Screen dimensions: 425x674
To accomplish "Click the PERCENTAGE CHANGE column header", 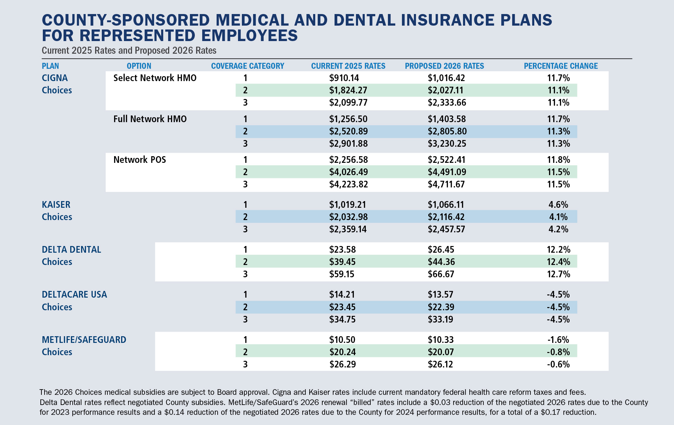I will pos(561,66).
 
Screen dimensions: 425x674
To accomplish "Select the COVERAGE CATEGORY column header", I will pos(247,66).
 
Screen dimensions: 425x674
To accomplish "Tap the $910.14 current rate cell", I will pos(344,78).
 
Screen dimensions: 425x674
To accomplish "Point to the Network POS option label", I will pos(140,160).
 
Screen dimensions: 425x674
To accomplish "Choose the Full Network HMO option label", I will pos(150,119).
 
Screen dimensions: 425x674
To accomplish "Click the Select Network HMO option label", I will pos(155,78).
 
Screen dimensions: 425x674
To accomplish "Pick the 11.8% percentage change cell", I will pos(558,160).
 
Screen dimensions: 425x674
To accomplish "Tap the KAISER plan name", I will pos(56,205).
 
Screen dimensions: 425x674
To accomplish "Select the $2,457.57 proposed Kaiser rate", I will pos(446,229).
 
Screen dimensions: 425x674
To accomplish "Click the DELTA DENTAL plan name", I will pos(71,250).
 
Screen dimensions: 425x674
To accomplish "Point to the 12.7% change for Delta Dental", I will pos(558,274).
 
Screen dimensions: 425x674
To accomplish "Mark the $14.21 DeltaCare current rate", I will pos(342,294).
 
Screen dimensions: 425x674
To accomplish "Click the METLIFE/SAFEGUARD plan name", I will pos(84,340).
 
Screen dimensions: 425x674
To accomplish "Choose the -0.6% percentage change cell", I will pos(558,364).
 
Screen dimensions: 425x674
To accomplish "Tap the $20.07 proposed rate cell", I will pos(441,352).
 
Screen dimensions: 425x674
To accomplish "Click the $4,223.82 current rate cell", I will pos(348,184).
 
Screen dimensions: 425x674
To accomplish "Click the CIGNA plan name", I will pos(55,78).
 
